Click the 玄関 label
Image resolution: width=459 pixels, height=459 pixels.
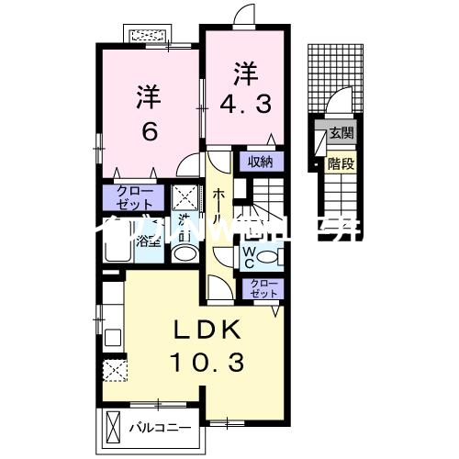(x=341, y=133)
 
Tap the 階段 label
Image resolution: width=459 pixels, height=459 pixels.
(x=341, y=164)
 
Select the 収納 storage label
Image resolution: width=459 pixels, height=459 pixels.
(x=260, y=162)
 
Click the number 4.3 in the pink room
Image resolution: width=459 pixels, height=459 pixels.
(x=244, y=103)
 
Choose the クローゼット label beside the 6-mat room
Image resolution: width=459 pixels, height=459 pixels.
(x=134, y=197)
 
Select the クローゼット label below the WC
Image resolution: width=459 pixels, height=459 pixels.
(x=261, y=289)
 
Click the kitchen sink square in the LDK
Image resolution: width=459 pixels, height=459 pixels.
(x=113, y=335)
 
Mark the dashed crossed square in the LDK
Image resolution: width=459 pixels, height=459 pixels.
(x=116, y=371)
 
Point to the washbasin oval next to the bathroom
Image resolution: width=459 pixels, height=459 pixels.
(x=184, y=254)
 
